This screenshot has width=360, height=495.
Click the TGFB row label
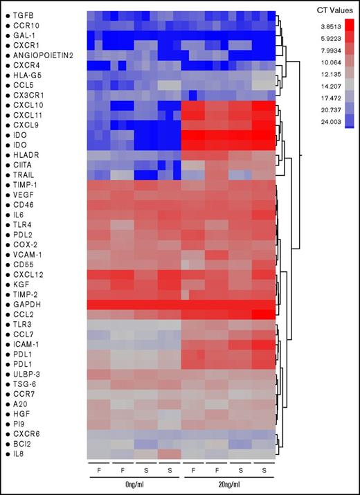21,15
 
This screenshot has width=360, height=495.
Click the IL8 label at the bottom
19,453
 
